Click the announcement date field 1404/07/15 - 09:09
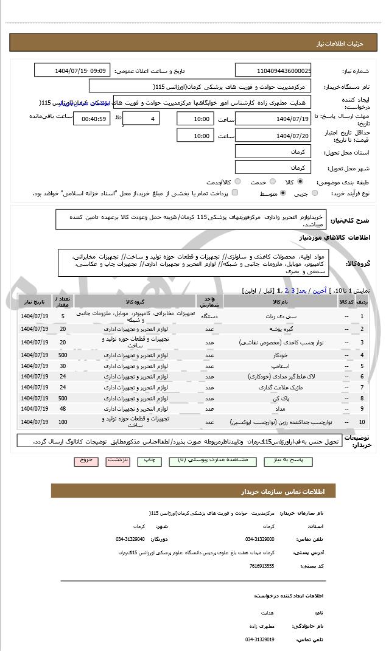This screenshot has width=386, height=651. (72, 71)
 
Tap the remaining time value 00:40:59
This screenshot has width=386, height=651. (92, 119)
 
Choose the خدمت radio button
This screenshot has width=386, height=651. (273, 181)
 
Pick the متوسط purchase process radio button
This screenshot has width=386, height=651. (282, 193)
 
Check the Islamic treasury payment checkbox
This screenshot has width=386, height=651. (235, 193)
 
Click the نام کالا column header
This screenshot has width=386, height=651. (280, 301)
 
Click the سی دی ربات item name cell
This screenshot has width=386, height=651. (280, 316)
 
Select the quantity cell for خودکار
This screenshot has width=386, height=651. (63, 355)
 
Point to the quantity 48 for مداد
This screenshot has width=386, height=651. (63, 409)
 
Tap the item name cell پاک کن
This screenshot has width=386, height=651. (280, 398)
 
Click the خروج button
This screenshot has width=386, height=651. (86, 461)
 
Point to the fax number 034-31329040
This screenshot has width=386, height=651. (130, 539)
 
